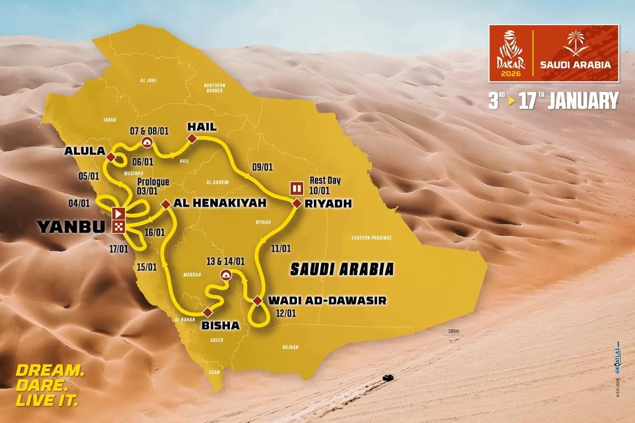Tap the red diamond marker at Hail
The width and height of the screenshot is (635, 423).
tap(192, 139)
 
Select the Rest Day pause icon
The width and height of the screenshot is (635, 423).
tap(296, 188)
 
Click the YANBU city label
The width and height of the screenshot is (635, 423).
tap(72, 227)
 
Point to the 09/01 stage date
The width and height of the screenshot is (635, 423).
tap(262, 167)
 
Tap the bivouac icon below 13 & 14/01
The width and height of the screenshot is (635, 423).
tap(225, 274)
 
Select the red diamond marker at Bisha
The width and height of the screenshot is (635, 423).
tap(207, 312)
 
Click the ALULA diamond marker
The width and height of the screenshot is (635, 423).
tap(111, 158)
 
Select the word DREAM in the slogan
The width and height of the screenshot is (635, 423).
tap(49, 370)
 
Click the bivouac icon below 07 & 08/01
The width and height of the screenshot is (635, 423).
tap(147, 142)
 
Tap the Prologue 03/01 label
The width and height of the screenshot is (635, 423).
tap(152, 186)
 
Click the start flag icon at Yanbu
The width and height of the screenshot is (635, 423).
tap(119, 214)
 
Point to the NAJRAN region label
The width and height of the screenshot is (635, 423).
tap(290, 347)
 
